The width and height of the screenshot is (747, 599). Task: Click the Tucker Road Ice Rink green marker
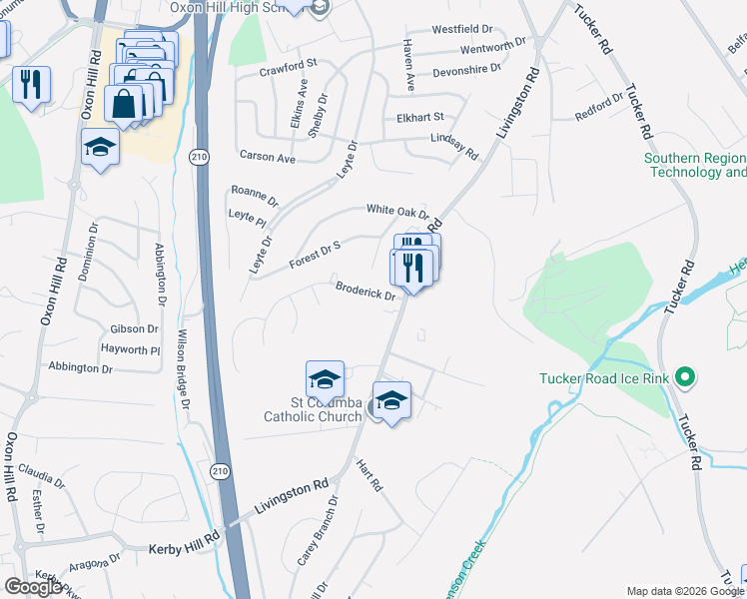tap(684, 377)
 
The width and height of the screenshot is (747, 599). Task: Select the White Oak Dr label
tap(397, 210)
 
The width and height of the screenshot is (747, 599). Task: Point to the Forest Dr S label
tap(316, 254)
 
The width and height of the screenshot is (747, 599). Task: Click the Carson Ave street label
tap(268, 158)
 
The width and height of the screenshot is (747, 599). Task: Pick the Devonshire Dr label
tap(466, 70)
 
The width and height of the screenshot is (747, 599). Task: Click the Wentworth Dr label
tap(493, 49)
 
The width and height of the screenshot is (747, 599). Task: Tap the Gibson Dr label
tap(135, 328)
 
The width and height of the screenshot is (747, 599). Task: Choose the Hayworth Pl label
tap(130, 349)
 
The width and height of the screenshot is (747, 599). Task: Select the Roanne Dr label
tap(255, 196)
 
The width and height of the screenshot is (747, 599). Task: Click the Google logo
tap(34, 587)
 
